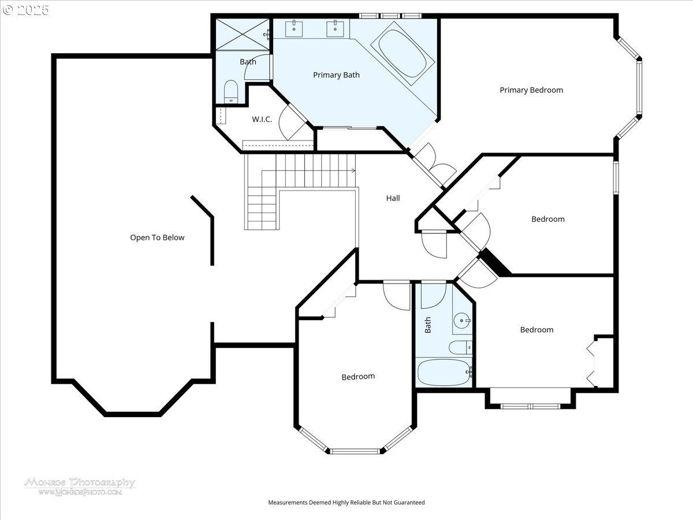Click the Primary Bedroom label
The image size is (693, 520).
(x=531, y=90)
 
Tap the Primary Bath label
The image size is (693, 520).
(x=336, y=75)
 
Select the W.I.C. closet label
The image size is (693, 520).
(x=262, y=120)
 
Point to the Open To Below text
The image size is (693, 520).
(x=157, y=237)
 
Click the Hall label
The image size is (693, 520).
(x=393, y=198)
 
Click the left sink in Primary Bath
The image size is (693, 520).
(x=295, y=27)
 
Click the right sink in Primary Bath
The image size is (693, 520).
(x=334, y=27)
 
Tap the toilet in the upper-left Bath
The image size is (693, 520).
(x=230, y=91)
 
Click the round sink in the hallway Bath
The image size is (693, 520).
(x=461, y=320)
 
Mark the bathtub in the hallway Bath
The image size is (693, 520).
(x=444, y=373)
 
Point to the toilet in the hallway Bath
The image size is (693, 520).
(x=460, y=347)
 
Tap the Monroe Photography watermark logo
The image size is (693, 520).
(x=80, y=486)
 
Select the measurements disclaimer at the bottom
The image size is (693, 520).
(x=346, y=503)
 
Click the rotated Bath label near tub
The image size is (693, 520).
(x=428, y=325)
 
